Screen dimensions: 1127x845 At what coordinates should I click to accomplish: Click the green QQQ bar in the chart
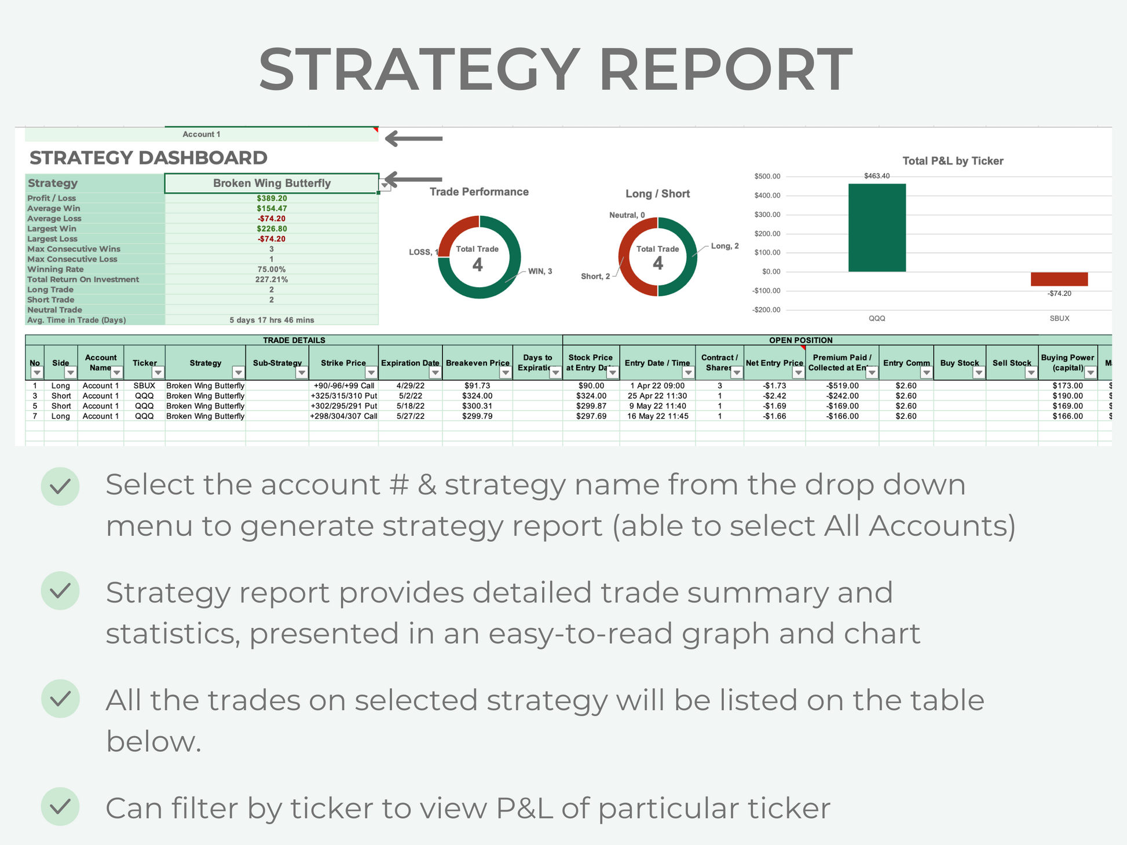click(877, 227)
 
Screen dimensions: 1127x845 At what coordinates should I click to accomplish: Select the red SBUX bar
click(1059, 279)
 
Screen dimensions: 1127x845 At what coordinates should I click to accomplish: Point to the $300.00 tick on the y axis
click(767, 215)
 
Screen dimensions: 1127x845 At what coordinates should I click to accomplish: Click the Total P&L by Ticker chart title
click(953, 161)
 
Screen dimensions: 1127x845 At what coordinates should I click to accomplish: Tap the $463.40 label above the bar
click(877, 176)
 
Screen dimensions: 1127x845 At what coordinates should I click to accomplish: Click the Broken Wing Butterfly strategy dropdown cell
click(272, 183)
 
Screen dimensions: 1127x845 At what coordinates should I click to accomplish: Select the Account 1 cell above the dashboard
click(202, 134)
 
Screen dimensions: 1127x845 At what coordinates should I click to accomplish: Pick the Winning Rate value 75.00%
click(272, 269)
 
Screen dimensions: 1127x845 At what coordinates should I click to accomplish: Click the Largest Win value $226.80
click(272, 229)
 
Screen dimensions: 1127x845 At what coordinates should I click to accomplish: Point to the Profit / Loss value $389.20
click(272, 198)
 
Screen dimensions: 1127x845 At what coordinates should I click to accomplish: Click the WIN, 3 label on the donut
click(540, 271)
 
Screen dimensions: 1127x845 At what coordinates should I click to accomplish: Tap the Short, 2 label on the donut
click(595, 276)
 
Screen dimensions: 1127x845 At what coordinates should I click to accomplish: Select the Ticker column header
click(144, 363)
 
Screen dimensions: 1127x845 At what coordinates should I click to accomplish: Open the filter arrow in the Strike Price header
click(371, 373)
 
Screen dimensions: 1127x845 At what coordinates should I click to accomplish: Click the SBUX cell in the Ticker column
click(144, 385)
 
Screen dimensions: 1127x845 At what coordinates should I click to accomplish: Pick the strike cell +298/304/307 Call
click(343, 416)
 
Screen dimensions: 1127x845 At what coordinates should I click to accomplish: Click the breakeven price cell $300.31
click(477, 406)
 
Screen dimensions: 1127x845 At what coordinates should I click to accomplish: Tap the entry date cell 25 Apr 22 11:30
click(657, 396)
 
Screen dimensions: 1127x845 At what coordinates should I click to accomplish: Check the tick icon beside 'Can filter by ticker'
click(60, 806)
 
